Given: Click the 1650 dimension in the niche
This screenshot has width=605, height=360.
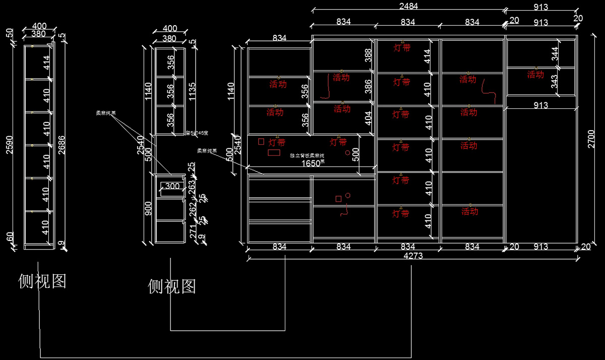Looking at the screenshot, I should [311, 163].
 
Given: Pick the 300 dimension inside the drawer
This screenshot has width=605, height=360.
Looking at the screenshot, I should [172, 187].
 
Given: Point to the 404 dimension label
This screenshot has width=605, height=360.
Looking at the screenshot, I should [368, 118].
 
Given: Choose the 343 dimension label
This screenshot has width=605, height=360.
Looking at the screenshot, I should [556, 82].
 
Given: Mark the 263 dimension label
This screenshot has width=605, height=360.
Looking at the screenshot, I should [192, 187].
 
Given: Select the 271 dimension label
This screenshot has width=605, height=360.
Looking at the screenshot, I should [192, 232].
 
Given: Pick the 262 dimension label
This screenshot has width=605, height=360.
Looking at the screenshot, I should [192, 209].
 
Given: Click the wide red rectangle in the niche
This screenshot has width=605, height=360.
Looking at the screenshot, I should [274, 152].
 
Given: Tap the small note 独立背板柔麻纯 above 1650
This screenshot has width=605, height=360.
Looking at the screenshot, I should [307, 156].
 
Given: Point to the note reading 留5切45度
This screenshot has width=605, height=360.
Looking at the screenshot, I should [197, 133].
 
